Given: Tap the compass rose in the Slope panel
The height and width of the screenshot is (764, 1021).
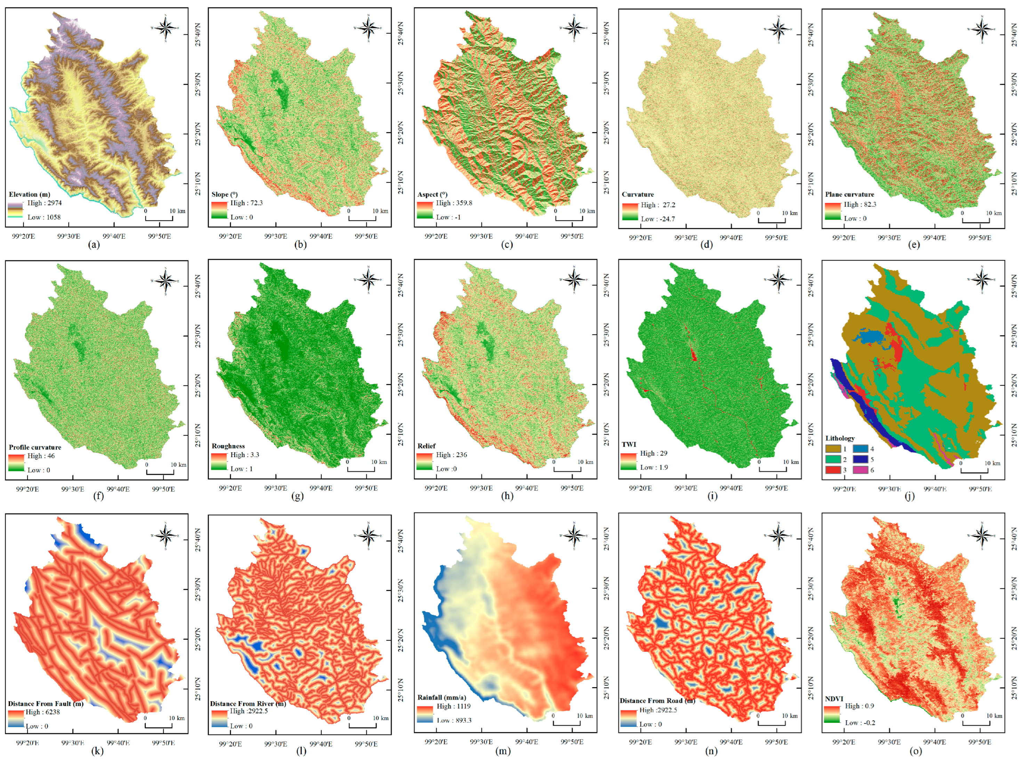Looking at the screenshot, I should pos(368,28).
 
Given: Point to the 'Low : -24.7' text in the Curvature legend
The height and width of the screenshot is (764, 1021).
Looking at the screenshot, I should pos(658,219).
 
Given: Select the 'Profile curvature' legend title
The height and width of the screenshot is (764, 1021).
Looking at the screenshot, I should pos(35,447).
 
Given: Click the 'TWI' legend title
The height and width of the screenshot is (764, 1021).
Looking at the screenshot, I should pos(629,444).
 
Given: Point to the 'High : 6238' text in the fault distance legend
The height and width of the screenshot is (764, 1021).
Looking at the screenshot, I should pos(42,712).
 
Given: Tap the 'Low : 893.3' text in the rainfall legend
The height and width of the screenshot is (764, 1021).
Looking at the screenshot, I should pos(454,720).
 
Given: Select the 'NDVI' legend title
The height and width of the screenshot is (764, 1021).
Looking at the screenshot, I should pos(834,699).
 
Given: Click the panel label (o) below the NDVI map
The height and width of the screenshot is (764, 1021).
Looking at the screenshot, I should pos(915,751).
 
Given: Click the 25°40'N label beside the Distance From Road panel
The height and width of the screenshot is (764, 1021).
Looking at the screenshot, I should pos(811,538).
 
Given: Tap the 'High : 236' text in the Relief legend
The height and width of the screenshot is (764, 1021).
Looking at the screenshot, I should pos(451,455).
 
